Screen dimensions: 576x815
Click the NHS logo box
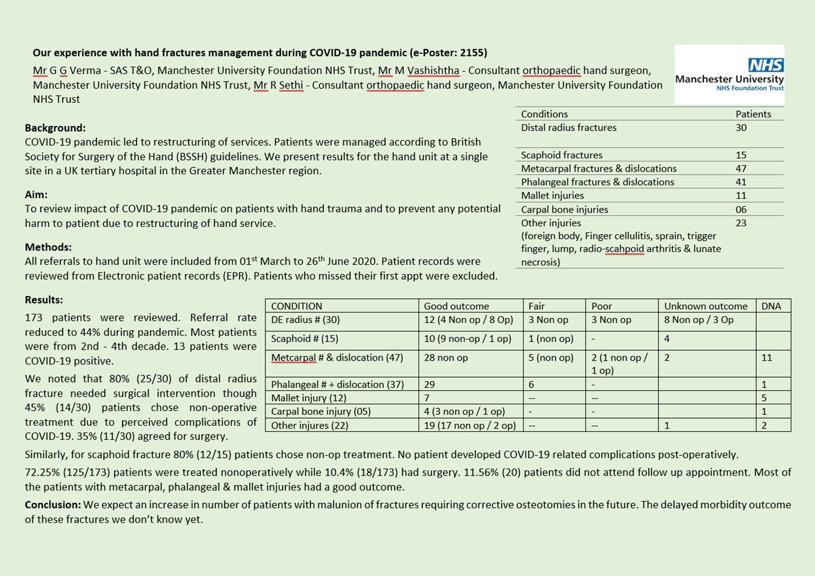point(729,74)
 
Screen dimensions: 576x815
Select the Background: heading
point(55,128)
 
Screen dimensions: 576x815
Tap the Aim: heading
point(37,194)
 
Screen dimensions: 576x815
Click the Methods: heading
point(48,247)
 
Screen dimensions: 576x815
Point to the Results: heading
point(44,300)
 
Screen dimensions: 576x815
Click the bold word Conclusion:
point(52,505)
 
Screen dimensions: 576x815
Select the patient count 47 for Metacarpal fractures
point(741,168)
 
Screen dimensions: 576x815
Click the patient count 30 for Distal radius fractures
point(741,128)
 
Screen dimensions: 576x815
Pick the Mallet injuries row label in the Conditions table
point(552,196)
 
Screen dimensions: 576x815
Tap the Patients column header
point(753,114)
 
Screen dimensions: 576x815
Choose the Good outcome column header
point(456,306)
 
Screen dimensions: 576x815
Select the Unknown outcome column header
point(705,306)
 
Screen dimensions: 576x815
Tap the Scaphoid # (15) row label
point(304,339)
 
